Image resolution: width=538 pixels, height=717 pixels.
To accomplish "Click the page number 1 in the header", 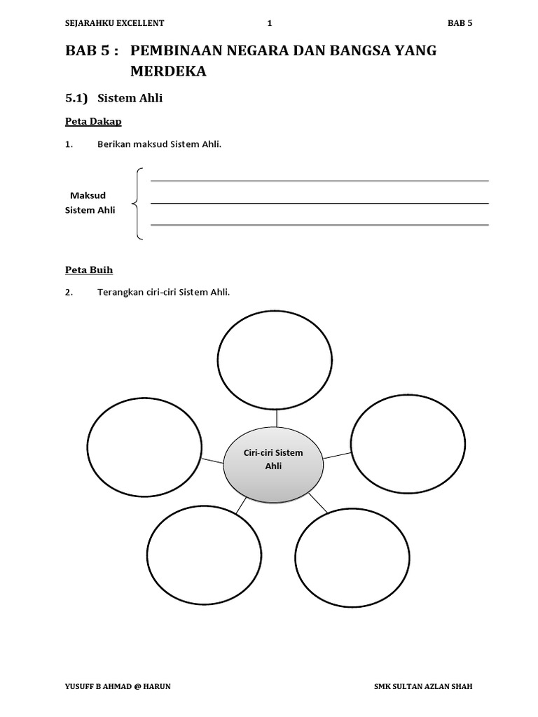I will pos(269,23).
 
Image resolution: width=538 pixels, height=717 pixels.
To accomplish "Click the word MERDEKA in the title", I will pos(168,71).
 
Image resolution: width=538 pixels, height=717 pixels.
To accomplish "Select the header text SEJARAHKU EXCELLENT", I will pos(114,23).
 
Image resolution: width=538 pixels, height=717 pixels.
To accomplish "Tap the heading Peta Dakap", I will pos(93,122).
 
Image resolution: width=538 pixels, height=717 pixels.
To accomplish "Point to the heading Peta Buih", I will pos(89,270).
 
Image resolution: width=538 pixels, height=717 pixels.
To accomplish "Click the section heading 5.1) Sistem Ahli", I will pos(113,98).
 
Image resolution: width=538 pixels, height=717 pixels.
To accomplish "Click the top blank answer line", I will pos(319,181).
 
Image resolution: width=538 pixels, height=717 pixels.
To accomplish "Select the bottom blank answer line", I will pos(319,225).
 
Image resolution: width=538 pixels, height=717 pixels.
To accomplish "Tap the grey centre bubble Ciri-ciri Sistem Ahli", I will pos(273,464).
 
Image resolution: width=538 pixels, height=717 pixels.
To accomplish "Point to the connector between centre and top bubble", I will pos(277,417).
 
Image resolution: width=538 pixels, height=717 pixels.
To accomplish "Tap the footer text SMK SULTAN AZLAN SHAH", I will pos(424,686).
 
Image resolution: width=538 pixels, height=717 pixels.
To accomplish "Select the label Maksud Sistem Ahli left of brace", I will pos(90,202).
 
